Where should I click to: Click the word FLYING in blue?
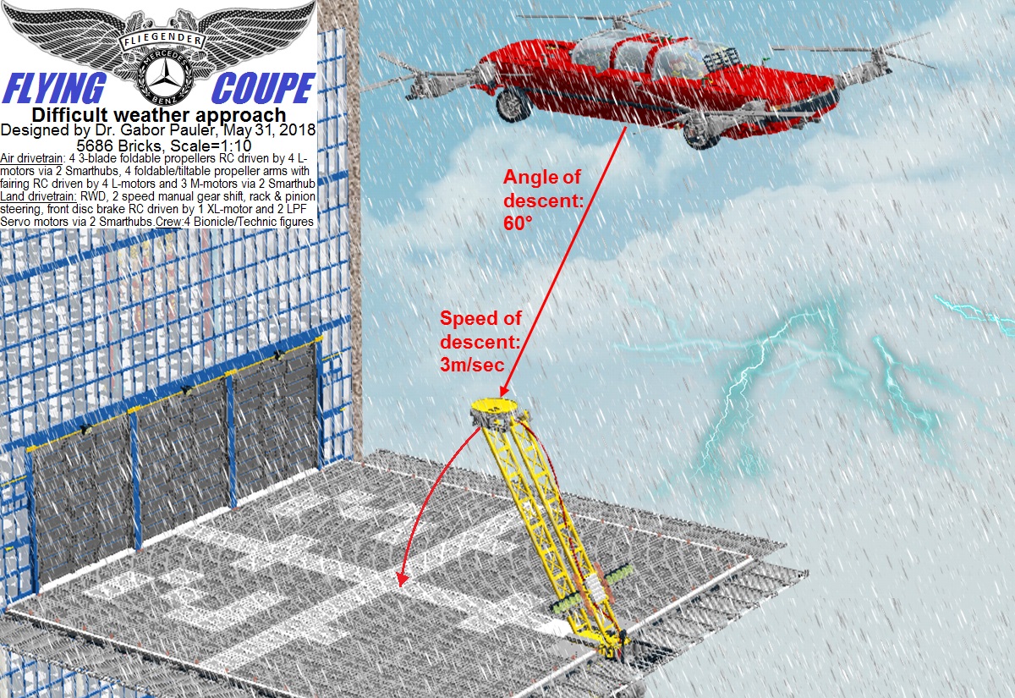[x=54, y=89]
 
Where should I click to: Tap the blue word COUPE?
[x=263, y=88]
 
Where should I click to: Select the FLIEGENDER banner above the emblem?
[x=162, y=40]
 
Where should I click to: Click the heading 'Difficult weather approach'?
[x=159, y=115]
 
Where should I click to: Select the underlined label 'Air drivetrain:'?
[x=33, y=158]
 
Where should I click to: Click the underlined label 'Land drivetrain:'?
[x=39, y=196]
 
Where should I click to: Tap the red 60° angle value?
[x=518, y=223]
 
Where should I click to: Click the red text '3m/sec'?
[x=472, y=365]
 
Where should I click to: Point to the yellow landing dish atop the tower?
[x=493, y=405]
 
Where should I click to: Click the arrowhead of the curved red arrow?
[x=402, y=580]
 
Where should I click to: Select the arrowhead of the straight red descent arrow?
[x=504, y=391]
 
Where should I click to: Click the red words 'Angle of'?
[x=541, y=177]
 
